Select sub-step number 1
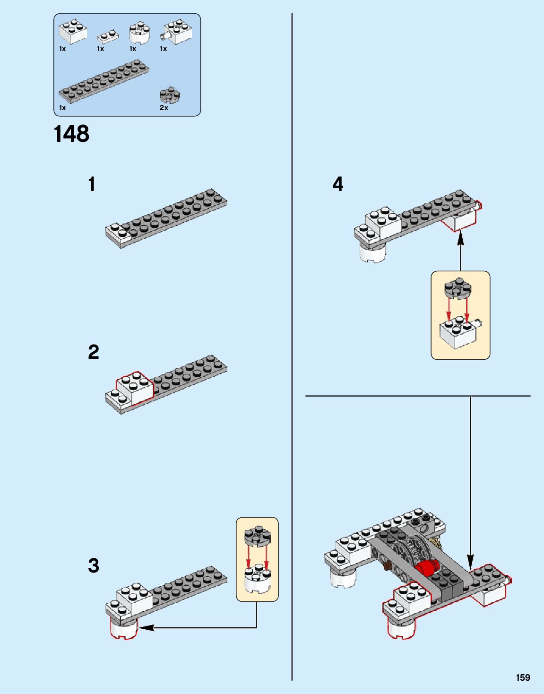click(92, 184)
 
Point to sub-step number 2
click(93, 352)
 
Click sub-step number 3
click(93, 565)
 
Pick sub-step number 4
click(338, 184)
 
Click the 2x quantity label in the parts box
click(164, 108)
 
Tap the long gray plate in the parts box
click(104, 81)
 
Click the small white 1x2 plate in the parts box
click(108, 37)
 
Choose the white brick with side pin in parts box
click(176, 32)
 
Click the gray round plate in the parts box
click(170, 95)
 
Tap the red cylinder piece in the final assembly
click(427, 566)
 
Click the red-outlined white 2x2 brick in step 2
click(135, 387)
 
